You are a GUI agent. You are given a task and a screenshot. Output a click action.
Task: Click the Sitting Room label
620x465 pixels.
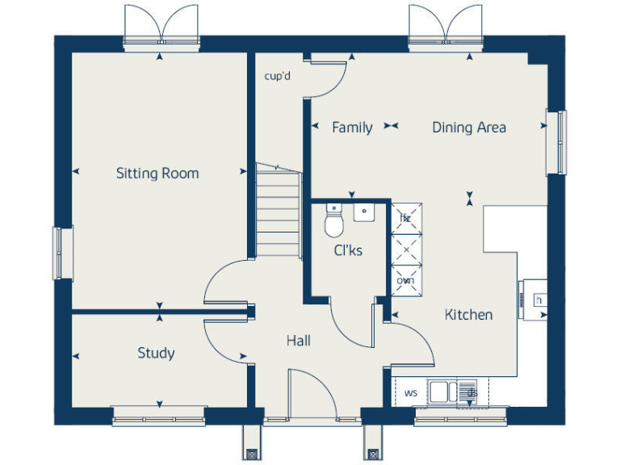coord(157,173)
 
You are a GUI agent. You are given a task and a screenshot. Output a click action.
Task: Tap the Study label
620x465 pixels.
coord(156,353)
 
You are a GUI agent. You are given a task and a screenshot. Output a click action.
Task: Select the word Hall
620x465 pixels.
coord(298,341)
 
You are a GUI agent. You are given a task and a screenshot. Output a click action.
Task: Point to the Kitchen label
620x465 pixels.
coord(468,315)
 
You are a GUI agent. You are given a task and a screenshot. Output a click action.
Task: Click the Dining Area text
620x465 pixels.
coord(469,127)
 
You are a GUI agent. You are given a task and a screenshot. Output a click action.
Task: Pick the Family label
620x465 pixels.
coord(352,127)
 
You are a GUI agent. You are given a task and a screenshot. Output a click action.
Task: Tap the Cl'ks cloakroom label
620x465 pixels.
coord(348,250)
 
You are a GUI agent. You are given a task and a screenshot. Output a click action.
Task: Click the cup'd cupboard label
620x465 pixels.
coord(277,77)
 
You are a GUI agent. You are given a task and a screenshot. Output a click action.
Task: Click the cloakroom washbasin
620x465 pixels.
coord(364,213)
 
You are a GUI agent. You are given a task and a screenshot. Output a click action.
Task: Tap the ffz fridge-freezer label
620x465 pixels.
coord(404,218)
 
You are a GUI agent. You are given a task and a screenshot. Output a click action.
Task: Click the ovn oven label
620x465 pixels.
coord(404,280)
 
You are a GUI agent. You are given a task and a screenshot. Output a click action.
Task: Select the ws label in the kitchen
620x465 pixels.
coord(410,393)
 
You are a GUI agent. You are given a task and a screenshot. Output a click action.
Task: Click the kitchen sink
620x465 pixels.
coord(441,392)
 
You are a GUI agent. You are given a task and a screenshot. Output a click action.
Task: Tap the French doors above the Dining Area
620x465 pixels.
coord(446,24)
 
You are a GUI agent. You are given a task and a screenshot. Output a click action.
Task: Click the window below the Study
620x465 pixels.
coord(158,417)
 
